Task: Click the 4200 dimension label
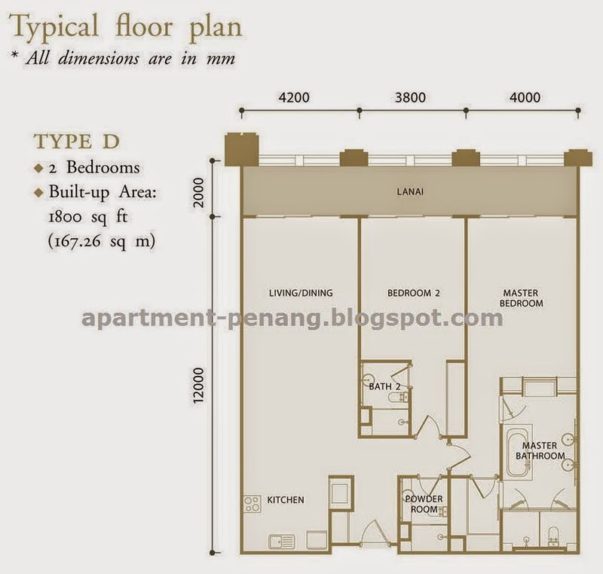coord(294,98)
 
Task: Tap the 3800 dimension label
coord(410,98)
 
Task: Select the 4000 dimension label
coord(525,98)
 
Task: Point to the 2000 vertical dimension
coord(198,192)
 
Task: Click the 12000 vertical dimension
coord(198,385)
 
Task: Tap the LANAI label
coord(410,191)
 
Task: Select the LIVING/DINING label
coord(301,293)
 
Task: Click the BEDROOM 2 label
coord(413,293)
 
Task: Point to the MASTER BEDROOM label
coord(521,298)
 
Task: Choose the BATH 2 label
coord(384,386)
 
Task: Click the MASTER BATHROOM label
coord(540,450)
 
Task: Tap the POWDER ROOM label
coord(424,504)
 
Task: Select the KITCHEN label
coord(286,500)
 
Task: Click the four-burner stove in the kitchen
coord(253,504)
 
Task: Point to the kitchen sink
coord(281,542)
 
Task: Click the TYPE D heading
coord(77,142)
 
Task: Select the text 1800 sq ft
coord(87,217)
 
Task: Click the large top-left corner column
coord(242,149)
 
